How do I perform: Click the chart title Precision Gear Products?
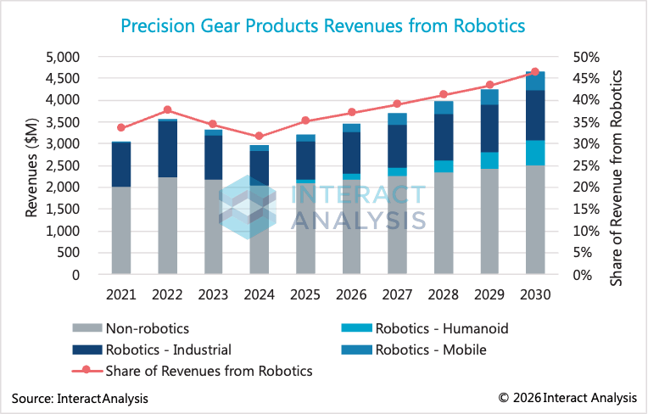click(x=323, y=25)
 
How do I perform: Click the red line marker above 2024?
click(x=259, y=137)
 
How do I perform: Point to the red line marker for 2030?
click(x=534, y=72)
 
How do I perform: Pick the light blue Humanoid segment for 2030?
click(x=534, y=153)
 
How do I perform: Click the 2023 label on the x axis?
click(x=213, y=296)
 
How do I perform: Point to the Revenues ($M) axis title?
click(x=32, y=165)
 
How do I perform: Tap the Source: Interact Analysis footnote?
click(x=80, y=397)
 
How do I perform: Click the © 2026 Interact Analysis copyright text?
click(x=567, y=397)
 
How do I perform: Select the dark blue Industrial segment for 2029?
click(x=489, y=128)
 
